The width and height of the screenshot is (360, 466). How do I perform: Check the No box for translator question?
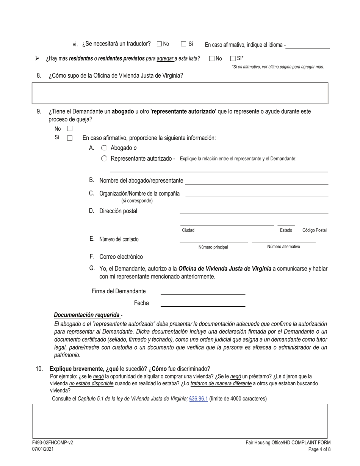coord(159,44)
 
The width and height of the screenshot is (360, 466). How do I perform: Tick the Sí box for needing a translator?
coord(183,44)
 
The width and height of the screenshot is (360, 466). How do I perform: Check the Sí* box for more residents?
coord(233,58)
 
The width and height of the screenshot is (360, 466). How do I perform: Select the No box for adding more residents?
coord(212,58)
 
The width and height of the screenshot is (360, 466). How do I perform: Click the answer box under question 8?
coord(180,93)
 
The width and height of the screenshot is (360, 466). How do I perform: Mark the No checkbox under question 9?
coord(70,129)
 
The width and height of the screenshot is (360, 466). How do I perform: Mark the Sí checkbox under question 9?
coord(70,138)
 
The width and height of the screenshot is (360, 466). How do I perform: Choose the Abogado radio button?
coord(104,148)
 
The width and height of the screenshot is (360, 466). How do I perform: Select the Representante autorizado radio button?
coord(104,158)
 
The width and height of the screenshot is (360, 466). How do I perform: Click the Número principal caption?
coord(213,247)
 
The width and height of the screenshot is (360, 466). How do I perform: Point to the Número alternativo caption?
coord(283,247)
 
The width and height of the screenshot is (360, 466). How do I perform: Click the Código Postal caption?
coord(314,230)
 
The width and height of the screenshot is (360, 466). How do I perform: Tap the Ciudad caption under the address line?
coord(188,230)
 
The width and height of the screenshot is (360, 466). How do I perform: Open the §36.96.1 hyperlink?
coord(198,399)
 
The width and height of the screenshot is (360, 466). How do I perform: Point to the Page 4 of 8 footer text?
coord(319,449)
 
